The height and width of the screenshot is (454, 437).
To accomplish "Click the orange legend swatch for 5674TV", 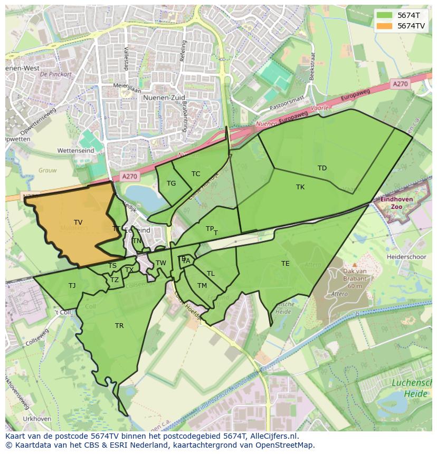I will point(385,26).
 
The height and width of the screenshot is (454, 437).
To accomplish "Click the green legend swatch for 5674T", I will point(385,15).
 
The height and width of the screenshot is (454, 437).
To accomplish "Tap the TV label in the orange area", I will point(78,223).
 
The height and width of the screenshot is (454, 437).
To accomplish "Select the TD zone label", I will point(322,168).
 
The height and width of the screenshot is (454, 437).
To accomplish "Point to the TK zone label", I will point(300,187).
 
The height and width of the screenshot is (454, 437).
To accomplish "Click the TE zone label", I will point(286,264).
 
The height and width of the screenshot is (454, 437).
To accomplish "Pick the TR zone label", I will point(119,326).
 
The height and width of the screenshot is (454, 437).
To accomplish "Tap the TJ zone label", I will point(72,286).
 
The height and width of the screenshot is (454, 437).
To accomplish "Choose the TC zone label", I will point(196,174).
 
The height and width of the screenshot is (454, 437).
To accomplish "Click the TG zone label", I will point(171,183).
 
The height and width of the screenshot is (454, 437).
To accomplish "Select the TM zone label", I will point(202,286).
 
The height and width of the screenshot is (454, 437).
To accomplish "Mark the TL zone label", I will point(211,274).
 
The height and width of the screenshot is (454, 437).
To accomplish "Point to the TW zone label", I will point(161,263).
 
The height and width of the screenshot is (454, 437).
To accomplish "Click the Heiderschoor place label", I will point(406,256).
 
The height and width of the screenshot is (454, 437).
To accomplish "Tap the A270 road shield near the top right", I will point(400,84).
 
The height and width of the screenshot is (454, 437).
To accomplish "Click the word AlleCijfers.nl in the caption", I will point(273,436).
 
